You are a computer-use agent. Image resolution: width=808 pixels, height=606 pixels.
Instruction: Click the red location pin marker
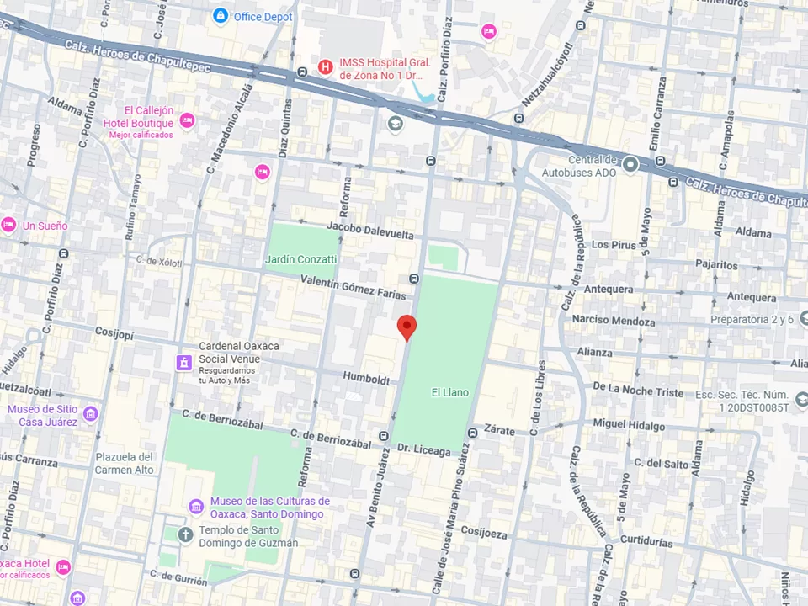407,327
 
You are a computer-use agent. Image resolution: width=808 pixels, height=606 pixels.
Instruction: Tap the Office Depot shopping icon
221,16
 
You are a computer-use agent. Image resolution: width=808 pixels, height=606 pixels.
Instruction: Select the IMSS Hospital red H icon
325,66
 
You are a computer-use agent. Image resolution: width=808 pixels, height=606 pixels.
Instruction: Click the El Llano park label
449,392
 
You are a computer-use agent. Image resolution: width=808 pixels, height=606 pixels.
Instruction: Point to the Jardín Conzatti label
300,259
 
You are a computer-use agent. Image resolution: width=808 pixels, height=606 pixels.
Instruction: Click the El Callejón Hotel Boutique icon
187,121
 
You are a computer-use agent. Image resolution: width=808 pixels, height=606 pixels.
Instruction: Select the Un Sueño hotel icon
8,225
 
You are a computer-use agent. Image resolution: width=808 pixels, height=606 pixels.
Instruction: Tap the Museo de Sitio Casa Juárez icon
90,415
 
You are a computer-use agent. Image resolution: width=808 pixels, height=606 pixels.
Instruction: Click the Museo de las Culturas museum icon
196,507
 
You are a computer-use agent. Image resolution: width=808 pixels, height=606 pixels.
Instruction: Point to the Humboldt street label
365,377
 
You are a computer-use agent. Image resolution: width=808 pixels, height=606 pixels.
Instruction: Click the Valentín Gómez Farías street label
353,289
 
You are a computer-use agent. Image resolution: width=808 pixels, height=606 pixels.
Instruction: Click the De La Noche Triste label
638,391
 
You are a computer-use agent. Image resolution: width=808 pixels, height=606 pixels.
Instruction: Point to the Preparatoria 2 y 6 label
752,320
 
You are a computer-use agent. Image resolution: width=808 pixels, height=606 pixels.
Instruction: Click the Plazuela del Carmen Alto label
125,463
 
